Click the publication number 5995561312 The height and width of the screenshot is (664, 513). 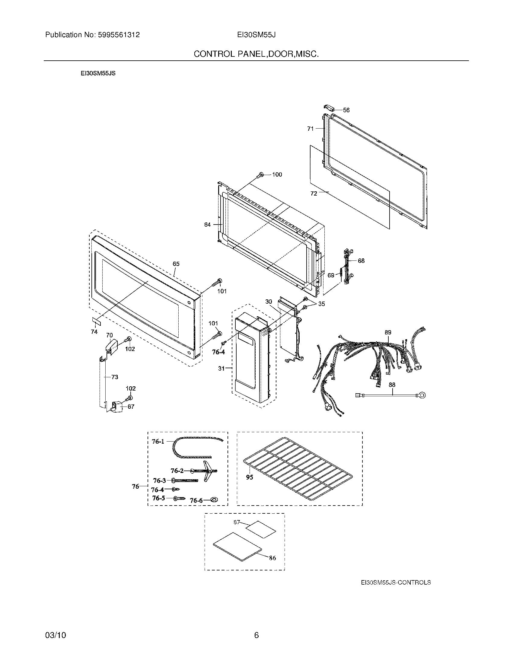[x=119, y=35]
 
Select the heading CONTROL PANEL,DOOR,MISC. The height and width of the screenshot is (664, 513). [x=256, y=54]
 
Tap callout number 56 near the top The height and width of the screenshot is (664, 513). [x=346, y=110]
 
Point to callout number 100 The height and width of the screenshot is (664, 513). [x=277, y=174]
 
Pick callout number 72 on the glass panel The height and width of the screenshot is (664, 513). [x=314, y=193]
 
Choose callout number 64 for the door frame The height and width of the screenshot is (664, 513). [x=207, y=225]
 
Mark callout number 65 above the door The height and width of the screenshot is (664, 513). [x=176, y=264]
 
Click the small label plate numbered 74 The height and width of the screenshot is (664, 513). [x=96, y=321]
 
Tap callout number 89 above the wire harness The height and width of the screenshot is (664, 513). [x=388, y=332]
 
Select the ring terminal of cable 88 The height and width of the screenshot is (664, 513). [x=422, y=395]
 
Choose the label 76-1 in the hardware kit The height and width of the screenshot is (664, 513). [x=158, y=442]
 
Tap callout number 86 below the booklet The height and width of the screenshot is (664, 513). [x=272, y=558]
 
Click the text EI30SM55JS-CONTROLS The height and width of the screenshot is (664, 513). [x=396, y=583]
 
